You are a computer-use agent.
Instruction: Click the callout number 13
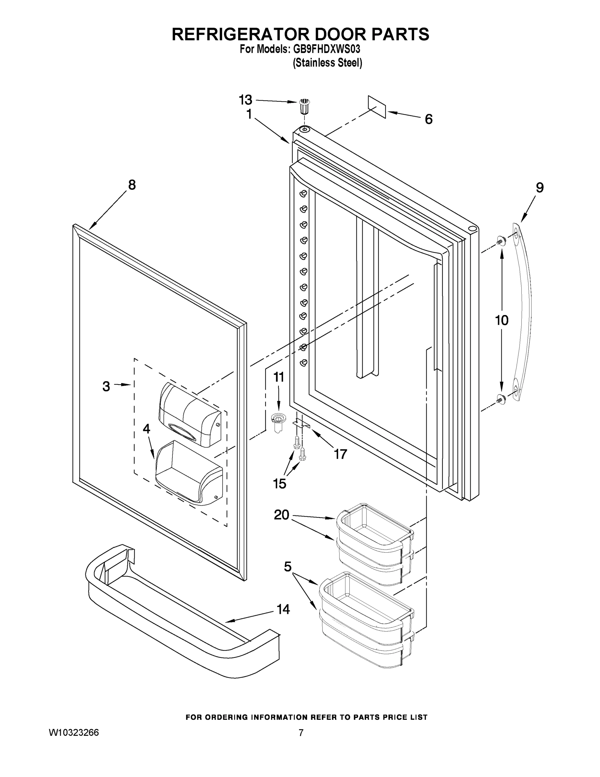pyautogui.click(x=245, y=100)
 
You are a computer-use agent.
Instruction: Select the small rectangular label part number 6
pyautogui.click(x=377, y=107)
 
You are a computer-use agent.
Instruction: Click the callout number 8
pyautogui.click(x=132, y=185)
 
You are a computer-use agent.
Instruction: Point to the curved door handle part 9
pyautogui.click(x=526, y=313)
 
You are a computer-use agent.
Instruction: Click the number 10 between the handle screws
pyautogui.click(x=502, y=321)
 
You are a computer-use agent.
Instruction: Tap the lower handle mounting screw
pyautogui.click(x=502, y=400)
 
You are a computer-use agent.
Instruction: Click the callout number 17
pyautogui.click(x=340, y=454)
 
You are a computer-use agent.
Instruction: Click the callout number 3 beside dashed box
pyautogui.click(x=106, y=386)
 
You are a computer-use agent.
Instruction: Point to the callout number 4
pyautogui.click(x=147, y=429)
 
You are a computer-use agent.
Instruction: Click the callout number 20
pyautogui.click(x=281, y=515)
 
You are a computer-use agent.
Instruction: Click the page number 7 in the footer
pyautogui.click(x=301, y=733)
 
